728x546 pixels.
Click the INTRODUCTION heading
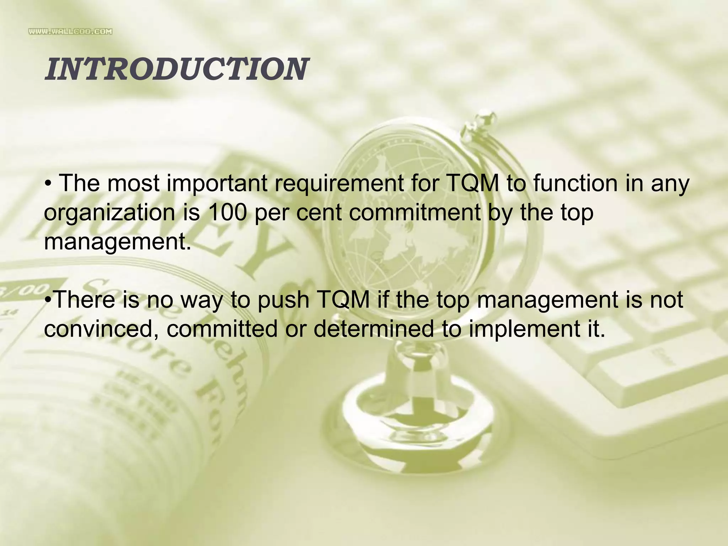(x=176, y=69)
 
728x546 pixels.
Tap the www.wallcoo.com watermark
(x=70, y=32)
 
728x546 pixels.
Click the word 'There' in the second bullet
(x=85, y=300)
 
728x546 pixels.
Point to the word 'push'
(x=283, y=300)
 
